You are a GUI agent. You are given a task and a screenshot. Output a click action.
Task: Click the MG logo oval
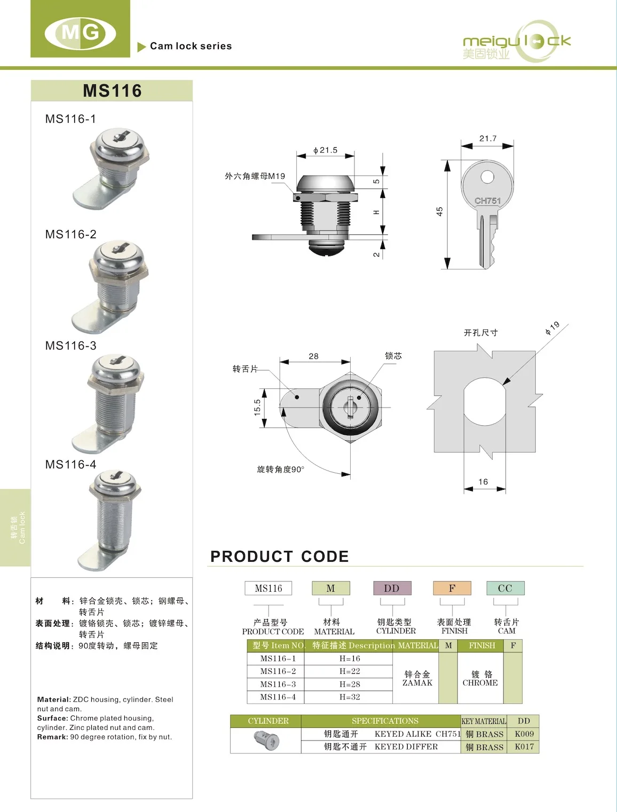click(81, 33)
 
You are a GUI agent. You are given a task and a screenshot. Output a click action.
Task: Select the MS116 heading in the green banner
click(112, 91)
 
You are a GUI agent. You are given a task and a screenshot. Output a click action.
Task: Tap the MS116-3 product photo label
click(71, 346)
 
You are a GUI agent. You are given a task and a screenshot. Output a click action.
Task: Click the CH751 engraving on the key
click(487, 201)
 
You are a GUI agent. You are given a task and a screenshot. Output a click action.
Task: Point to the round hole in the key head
click(487, 177)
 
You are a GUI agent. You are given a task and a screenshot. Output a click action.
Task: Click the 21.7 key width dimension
click(487, 138)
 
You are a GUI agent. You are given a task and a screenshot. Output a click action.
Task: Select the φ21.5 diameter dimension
click(325, 150)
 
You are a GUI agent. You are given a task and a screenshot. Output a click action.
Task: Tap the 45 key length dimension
click(439, 212)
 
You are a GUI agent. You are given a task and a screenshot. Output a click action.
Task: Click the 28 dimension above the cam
click(313, 356)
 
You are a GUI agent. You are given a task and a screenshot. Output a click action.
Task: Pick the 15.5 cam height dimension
click(257, 408)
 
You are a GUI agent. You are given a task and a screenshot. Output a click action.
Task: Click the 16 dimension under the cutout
click(483, 482)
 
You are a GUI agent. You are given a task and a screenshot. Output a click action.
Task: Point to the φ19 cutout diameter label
click(552, 328)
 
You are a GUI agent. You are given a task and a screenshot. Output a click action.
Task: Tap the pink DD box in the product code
click(392, 588)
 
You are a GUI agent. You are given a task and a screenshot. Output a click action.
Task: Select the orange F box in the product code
click(452, 588)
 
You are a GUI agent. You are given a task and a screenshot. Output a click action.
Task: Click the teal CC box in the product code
click(505, 588)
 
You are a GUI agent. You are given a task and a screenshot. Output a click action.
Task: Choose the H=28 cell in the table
click(350, 684)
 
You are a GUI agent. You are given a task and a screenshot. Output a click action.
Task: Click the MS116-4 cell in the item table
click(278, 697)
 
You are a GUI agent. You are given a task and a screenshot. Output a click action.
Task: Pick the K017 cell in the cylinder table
click(524, 746)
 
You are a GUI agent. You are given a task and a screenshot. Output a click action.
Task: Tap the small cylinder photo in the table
click(266, 741)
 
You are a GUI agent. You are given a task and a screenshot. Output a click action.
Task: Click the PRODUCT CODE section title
click(279, 556)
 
